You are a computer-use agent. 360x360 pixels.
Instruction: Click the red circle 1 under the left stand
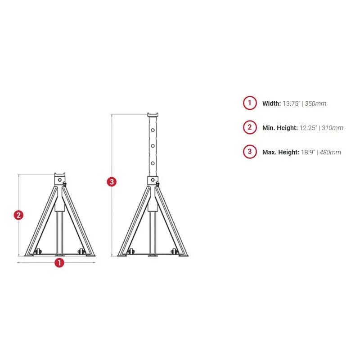point(59,263)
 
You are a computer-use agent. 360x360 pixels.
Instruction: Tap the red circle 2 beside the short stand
point(18,215)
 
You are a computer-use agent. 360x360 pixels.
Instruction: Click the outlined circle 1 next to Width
point(250,103)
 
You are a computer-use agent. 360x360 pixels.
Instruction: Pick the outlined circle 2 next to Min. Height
point(250,127)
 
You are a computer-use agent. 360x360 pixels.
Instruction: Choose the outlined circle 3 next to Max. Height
point(250,152)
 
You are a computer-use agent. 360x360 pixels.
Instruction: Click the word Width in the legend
point(271,103)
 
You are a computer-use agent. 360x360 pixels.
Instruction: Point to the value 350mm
point(316,103)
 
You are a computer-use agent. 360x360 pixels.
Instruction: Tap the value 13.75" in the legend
point(292,103)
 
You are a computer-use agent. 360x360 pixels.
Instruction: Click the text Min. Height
point(280,128)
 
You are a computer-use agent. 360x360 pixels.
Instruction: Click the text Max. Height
point(281,152)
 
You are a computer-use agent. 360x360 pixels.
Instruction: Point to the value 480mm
point(330,152)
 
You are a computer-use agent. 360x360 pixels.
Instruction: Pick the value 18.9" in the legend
point(307,152)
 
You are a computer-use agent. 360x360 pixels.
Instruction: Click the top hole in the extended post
point(153,130)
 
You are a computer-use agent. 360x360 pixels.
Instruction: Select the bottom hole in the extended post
point(153,163)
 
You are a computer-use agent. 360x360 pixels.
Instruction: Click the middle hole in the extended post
point(153,146)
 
